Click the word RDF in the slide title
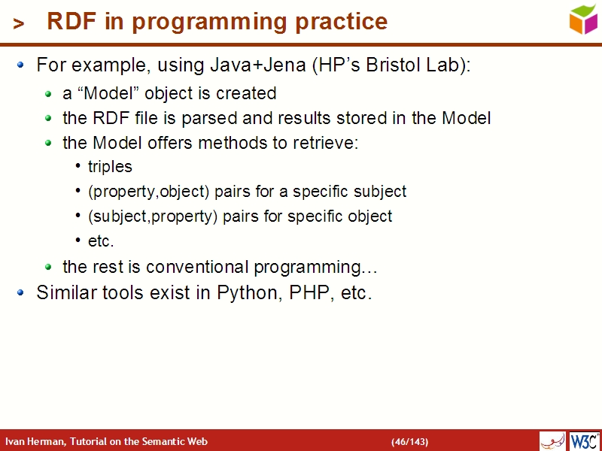(72, 22)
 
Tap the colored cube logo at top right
(582, 19)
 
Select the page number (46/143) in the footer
(409, 441)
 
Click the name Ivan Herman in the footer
(35, 441)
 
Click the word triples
(110, 167)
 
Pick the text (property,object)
(149, 192)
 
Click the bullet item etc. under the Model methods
(101, 241)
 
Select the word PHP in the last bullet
(309, 292)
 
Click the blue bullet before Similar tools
(21, 292)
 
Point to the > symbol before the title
(19, 24)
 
